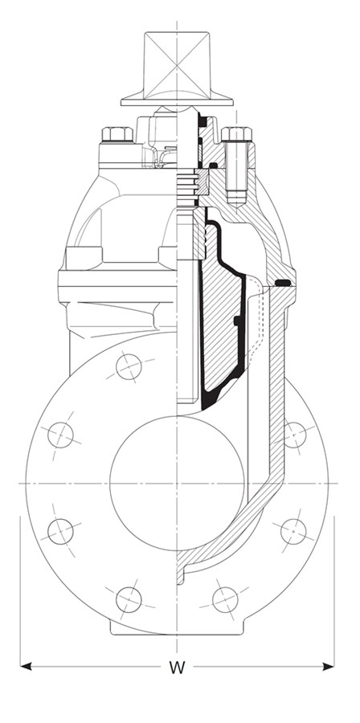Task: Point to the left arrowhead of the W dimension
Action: coord(26,666)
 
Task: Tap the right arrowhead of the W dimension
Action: coord(328,666)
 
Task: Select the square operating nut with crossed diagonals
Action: coord(177,65)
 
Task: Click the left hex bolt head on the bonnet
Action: coord(117,134)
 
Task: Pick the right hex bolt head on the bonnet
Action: coord(236,133)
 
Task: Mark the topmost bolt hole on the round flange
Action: coord(129,367)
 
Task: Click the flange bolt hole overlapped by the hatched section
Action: coord(294,435)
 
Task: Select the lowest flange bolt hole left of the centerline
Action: coord(129,600)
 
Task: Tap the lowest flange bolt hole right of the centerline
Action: coord(225,600)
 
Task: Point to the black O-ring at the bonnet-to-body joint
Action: coord(282,283)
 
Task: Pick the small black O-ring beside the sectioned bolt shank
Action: coord(214,165)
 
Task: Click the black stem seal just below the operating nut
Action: coord(202,122)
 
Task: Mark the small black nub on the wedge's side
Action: coord(237,321)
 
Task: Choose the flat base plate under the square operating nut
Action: coord(177,102)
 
